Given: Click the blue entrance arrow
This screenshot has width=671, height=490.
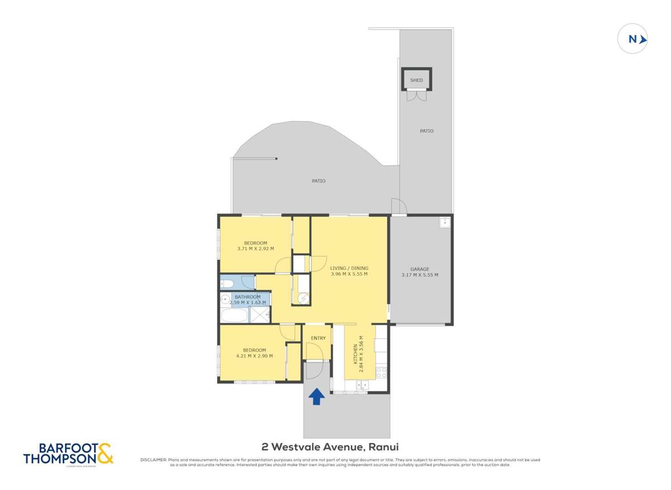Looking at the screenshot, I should pyautogui.click(x=316, y=396).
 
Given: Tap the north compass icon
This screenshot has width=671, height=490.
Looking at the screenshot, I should pyautogui.click(x=632, y=39).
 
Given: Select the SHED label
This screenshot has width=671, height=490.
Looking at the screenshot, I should pyautogui.click(x=417, y=80).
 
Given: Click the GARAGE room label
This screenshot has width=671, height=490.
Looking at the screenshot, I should pyautogui.click(x=419, y=269).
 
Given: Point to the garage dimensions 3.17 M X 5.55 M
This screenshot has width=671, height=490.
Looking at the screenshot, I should pyautogui.click(x=419, y=275).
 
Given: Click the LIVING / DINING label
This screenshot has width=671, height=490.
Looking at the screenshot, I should pyautogui.click(x=349, y=268).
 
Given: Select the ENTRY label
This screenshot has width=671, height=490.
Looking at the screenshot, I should pyautogui.click(x=318, y=338).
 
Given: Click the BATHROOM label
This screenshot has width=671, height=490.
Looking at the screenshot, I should pyautogui.click(x=247, y=297).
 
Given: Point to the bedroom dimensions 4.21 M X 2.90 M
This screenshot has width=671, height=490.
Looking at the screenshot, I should pyautogui.click(x=254, y=356).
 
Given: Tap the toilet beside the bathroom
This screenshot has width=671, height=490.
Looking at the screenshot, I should pyautogui.click(x=226, y=283).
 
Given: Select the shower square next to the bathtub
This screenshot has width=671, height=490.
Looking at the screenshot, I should pyautogui.click(x=259, y=315).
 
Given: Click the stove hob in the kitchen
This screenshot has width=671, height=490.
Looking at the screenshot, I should pyautogui.click(x=382, y=371).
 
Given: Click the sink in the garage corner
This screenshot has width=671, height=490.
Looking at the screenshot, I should pyautogui.click(x=445, y=222).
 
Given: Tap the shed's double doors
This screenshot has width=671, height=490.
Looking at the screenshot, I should pyautogui.click(x=417, y=96).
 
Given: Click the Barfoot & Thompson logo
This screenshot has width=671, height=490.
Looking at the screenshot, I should pyautogui.click(x=68, y=454).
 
